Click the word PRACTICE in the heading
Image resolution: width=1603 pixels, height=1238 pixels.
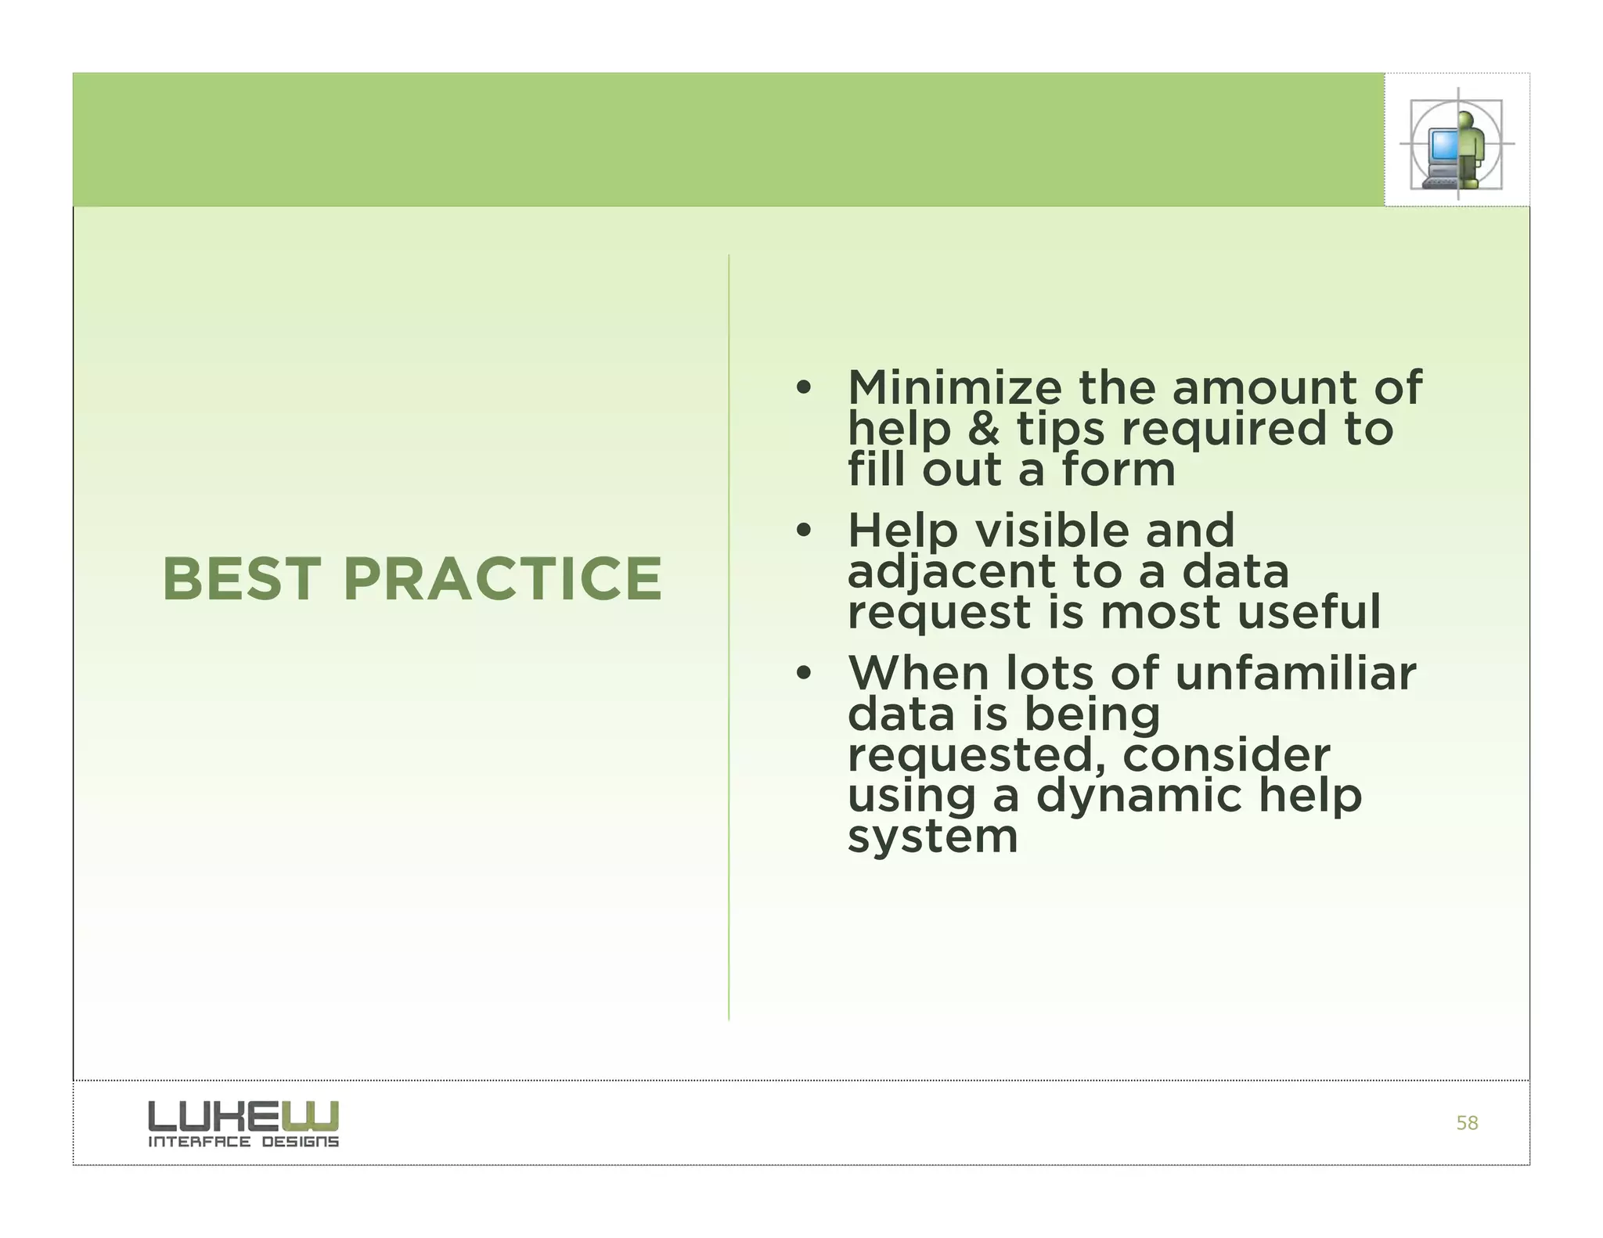point(503,579)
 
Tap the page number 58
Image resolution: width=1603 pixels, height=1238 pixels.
point(1467,1123)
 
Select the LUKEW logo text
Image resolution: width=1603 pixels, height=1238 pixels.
point(243,1115)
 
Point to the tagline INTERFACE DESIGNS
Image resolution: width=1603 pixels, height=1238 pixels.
point(243,1142)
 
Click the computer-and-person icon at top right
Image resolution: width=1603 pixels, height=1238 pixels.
point(1456,144)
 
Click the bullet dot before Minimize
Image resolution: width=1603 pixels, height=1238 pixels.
point(802,387)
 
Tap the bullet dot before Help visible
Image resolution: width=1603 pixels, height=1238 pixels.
point(802,531)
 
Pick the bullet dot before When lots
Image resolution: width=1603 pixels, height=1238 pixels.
point(802,674)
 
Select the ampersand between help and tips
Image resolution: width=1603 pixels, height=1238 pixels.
point(985,429)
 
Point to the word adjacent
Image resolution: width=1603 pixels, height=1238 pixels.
point(951,573)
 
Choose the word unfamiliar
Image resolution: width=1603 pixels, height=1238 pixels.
point(1295,673)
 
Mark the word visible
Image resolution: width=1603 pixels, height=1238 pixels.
point(1051,531)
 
